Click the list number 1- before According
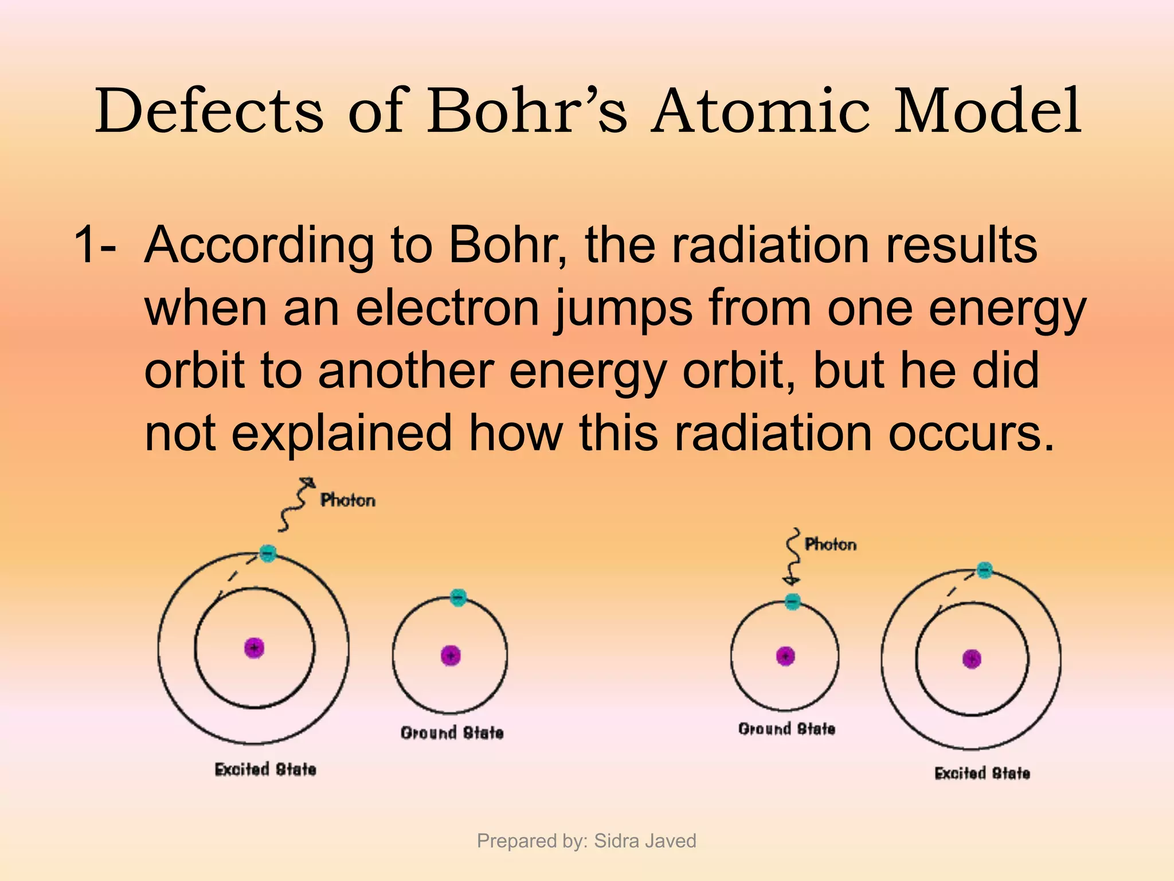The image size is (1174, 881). coord(95,245)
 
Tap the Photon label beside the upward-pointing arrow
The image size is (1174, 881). coord(347,500)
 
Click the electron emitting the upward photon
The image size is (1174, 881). coord(268,553)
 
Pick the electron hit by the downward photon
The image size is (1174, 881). coord(792,601)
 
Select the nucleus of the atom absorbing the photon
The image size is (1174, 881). coord(785,656)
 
